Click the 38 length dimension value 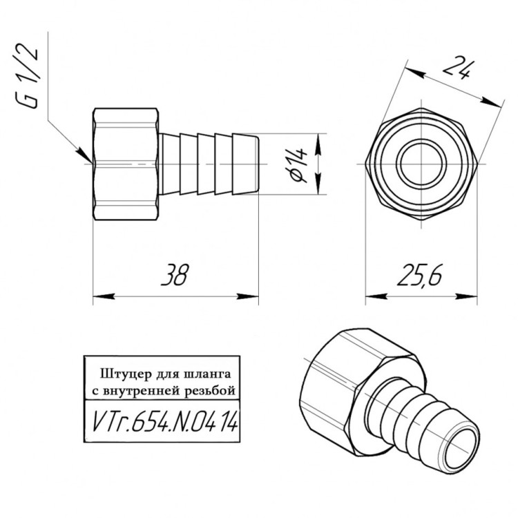pyautogui.click(x=175, y=274)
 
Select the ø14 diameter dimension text pyautogui.click(x=298, y=165)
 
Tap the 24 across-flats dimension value pyautogui.click(x=457, y=68)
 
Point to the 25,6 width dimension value pyautogui.click(x=419, y=274)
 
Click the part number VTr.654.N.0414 pyautogui.click(x=164, y=421)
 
